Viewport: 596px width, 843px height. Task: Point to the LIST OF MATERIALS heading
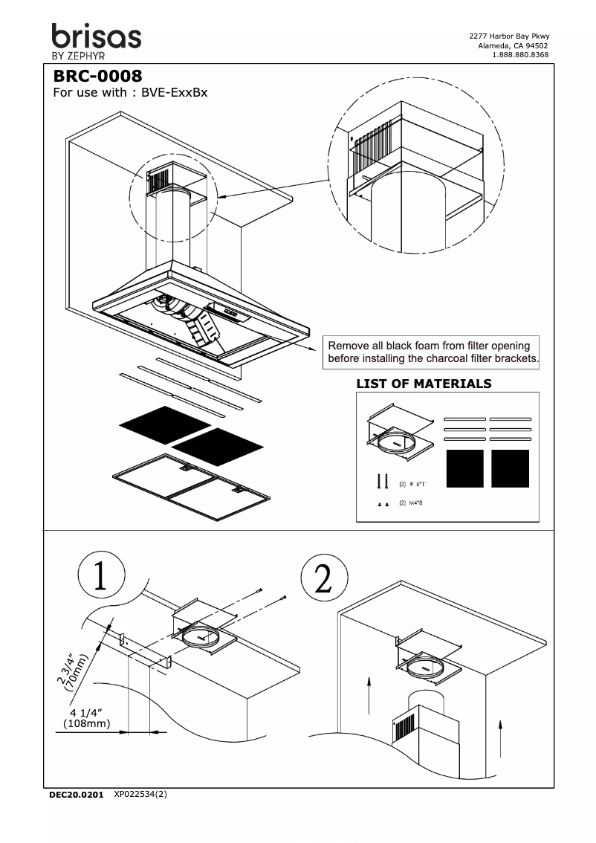coord(424,384)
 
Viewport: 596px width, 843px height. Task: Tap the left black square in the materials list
coord(463,468)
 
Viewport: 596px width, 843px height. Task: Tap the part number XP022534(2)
coord(140,794)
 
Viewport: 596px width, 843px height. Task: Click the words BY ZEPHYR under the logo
coord(78,56)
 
